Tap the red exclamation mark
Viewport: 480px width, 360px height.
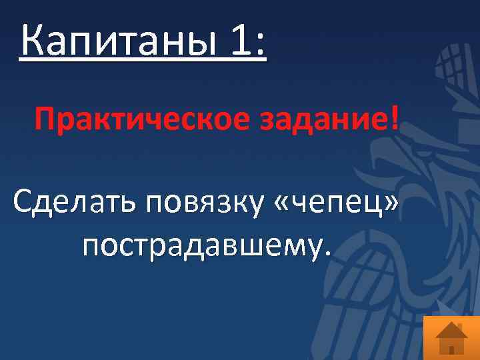pyautogui.click(x=398, y=120)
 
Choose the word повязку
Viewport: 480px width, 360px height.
pyautogui.click(x=203, y=203)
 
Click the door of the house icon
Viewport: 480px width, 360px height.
pyautogui.click(x=451, y=349)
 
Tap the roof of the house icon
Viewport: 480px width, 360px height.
pyautogui.click(x=451, y=328)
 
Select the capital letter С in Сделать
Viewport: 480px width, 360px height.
pyautogui.click(x=24, y=201)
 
